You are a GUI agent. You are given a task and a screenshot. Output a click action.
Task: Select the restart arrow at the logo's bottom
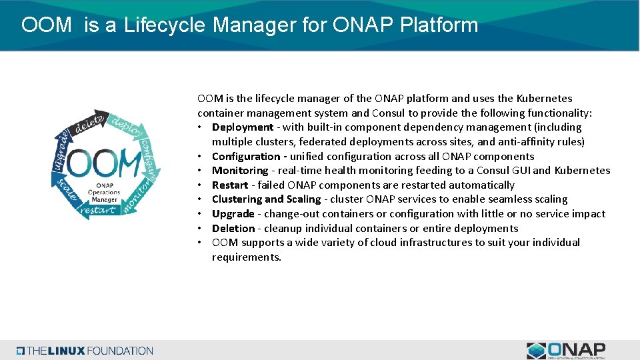click(98, 210)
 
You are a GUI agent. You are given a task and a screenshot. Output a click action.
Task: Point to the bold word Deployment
click(243, 127)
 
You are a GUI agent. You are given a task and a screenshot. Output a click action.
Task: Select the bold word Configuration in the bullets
click(246, 156)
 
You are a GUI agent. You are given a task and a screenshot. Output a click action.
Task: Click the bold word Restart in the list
click(230, 185)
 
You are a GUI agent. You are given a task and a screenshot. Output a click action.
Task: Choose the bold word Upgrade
click(233, 214)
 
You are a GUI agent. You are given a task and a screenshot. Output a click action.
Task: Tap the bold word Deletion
click(233, 228)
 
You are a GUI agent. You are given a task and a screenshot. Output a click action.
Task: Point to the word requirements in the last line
click(245, 257)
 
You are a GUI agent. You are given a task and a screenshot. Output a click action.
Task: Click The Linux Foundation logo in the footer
click(85, 351)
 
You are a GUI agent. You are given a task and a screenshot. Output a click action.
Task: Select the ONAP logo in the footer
click(566, 351)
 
